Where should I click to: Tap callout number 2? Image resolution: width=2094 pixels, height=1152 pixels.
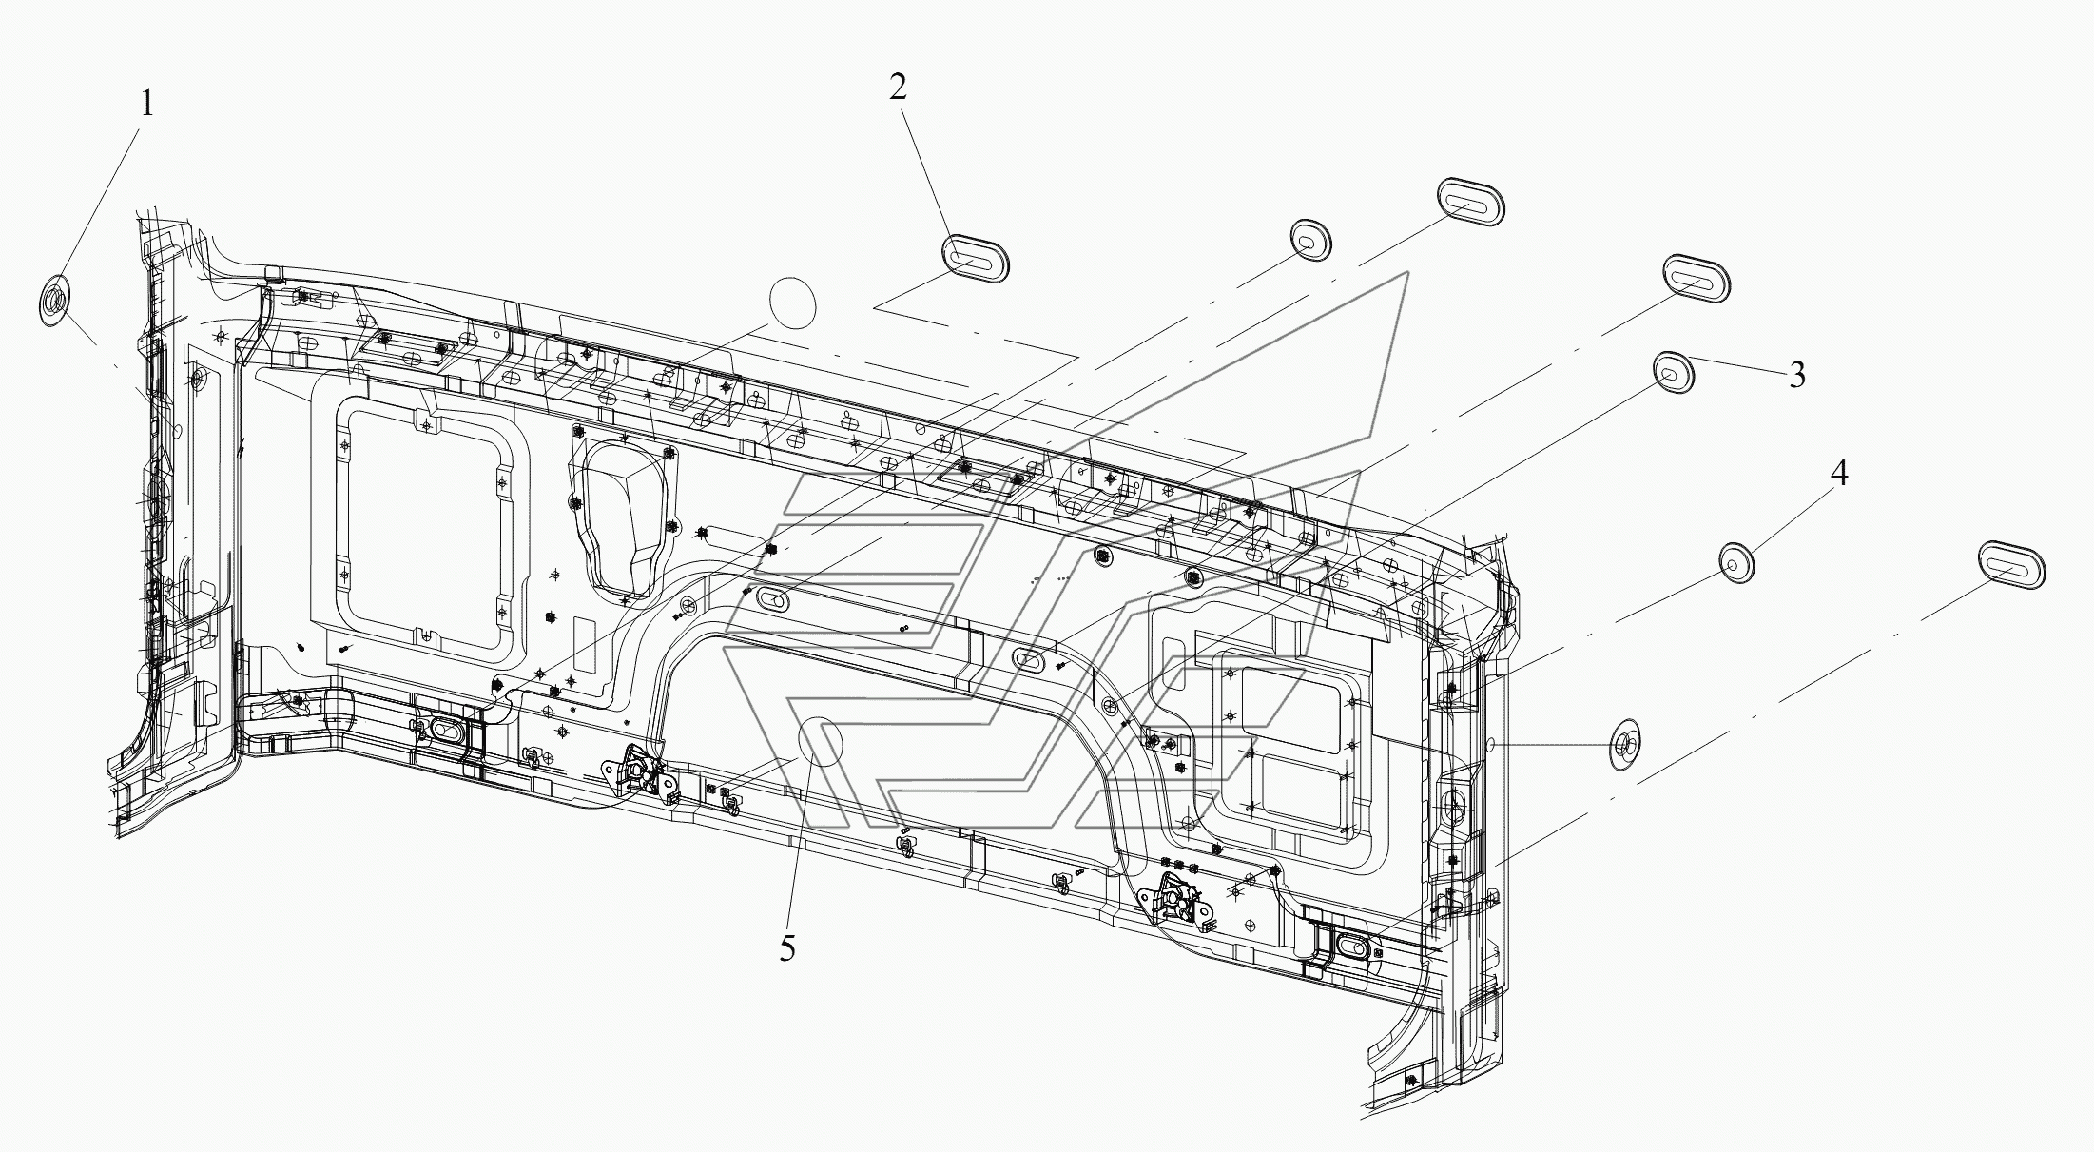tap(898, 88)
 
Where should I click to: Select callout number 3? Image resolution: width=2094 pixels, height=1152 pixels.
tap(1796, 376)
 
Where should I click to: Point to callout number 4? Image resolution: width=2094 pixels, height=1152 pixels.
tap(1839, 473)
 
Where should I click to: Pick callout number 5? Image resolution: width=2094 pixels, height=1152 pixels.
tap(786, 948)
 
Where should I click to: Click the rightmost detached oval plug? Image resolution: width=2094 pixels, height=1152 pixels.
tap(2012, 567)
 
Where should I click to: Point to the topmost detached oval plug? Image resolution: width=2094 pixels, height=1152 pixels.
tap(1470, 202)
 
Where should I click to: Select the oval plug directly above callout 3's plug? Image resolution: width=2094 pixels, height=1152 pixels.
tap(1696, 280)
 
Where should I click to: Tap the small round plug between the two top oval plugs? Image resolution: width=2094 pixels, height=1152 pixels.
tap(1310, 240)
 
